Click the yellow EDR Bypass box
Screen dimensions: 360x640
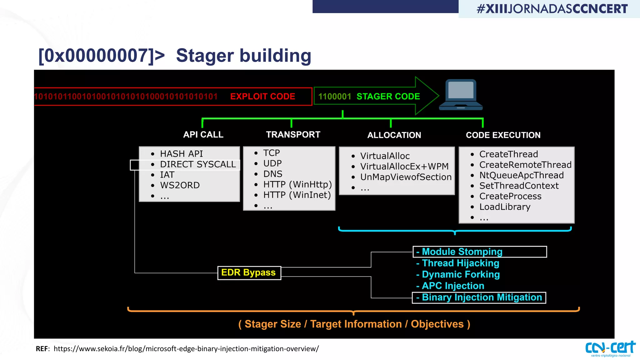click(249, 273)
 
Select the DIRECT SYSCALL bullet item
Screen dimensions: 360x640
click(197, 164)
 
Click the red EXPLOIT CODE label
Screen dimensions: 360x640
click(262, 97)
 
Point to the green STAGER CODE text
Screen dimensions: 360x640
click(388, 97)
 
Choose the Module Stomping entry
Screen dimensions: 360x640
click(462, 252)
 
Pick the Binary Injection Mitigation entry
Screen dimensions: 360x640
click(482, 297)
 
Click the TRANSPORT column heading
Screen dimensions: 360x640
click(293, 135)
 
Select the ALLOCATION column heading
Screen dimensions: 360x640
click(394, 135)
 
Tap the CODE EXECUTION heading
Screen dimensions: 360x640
click(503, 135)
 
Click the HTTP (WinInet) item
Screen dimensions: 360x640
click(297, 195)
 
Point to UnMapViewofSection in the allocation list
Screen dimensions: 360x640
click(406, 177)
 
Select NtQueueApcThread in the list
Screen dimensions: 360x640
click(521, 175)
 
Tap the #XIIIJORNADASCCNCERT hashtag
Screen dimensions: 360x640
click(552, 9)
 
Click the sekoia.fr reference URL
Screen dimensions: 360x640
click(186, 349)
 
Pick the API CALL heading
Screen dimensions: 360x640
click(203, 135)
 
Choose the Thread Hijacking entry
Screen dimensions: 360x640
click(460, 263)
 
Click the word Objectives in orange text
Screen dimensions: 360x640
click(437, 324)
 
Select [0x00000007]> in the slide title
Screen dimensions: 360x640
click(101, 56)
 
